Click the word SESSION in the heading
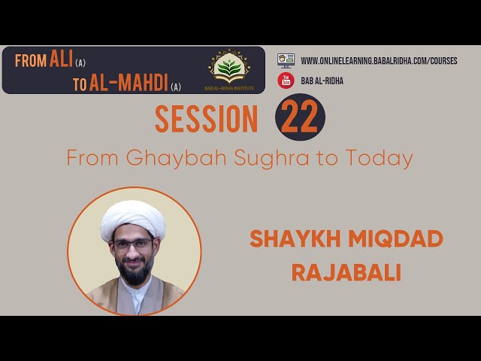[x=206, y=119]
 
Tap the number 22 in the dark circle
[x=300, y=117]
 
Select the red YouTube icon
[x=286, y=80]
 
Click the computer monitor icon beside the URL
[x=286, y=60]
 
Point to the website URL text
[x=379, y=61]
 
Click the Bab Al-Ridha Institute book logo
[x=229, y=67]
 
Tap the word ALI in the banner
[x=61, y=59]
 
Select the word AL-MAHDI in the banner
[x=129, y=83]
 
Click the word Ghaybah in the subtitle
[x=176, y=159]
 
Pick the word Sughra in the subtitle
[x=272, y=159]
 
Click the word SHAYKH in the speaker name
[x=295, y=239]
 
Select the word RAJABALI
[x=346, y=272]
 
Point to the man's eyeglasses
[x=134, y=244]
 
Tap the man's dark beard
[x=135, y=270]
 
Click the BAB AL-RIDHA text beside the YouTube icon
[x=322, y=81]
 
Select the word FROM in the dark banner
[x=31, y=61]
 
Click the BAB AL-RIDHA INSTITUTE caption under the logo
[x=229, y=89]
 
